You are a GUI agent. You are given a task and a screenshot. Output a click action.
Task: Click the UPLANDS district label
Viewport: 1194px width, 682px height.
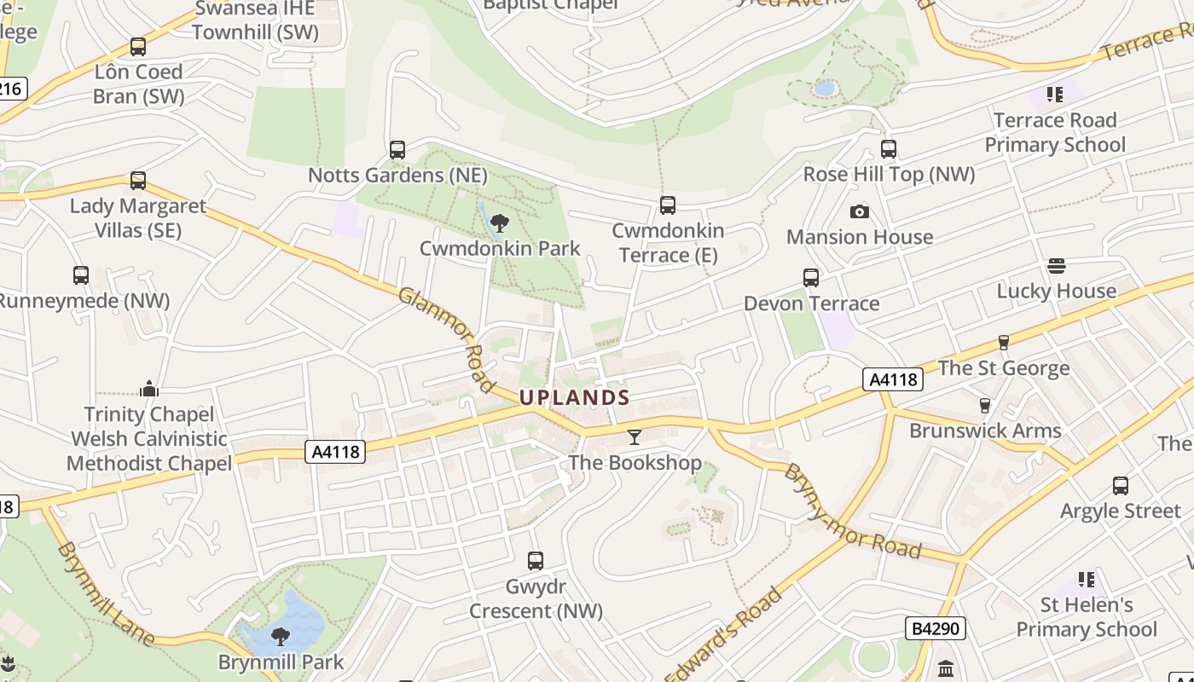click(x=575, y=397)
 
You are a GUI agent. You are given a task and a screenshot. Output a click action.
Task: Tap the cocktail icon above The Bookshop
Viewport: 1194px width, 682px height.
click(x=634, y=437)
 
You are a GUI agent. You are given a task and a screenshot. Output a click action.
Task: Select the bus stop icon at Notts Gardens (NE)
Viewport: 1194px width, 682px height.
click(x=397, y=150)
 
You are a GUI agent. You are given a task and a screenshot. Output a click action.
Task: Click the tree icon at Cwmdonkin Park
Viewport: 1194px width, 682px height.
click(x=500, y=223)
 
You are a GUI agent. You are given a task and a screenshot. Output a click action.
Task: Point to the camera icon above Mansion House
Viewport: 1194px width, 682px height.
click(x=860, y=211)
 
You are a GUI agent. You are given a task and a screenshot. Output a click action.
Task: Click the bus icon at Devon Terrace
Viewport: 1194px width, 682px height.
click(x=811, y=278)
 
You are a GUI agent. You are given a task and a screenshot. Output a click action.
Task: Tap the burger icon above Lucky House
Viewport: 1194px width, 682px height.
click(x=1057, y=266)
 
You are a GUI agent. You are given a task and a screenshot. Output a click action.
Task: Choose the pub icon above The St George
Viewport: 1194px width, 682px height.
click(x=1003, y=343)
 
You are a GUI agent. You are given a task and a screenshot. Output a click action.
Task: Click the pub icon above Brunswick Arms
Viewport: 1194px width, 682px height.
click(x=985, y=406)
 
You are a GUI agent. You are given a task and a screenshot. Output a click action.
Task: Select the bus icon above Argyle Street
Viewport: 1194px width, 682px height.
click(x=1121, y=486)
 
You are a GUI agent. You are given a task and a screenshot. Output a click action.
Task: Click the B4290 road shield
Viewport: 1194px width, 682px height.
click(x=936, y=629)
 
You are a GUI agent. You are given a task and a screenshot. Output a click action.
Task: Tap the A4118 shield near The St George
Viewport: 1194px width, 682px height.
click(x=893, y=379)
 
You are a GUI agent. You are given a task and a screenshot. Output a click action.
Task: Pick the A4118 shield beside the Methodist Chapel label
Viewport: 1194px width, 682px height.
click(x=335, y=452)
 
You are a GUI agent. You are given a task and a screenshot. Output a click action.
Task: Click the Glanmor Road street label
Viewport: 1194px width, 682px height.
click(x=446, y=339)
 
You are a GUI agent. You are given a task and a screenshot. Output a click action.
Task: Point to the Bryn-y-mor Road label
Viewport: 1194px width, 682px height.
click(x=852, y=511)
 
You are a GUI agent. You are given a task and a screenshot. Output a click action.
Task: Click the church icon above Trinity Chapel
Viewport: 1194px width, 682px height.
click(x=149, y=390)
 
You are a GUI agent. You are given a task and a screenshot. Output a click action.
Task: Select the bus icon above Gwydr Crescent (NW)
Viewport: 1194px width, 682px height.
click(x=536, y=561)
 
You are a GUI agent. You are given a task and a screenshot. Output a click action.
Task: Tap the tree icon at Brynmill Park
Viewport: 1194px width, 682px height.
click(x=280, y=636)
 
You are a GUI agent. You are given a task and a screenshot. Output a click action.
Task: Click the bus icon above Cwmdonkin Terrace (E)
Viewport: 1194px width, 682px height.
click(x=668, y=205)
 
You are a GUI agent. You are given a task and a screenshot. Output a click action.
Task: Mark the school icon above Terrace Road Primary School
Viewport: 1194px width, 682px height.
click(x=1055, y=95)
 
